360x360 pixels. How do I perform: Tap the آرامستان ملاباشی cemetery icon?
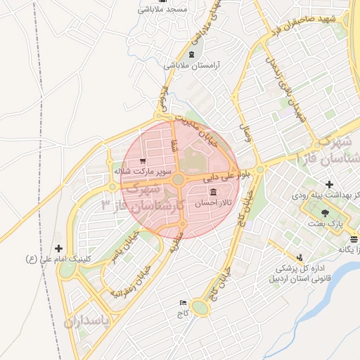(x=192, y=54)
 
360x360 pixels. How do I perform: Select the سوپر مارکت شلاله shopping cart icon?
(x=143, y=160)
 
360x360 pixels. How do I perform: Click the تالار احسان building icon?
(x=213, y=193)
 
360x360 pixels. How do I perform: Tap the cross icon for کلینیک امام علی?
(x=58, y=248)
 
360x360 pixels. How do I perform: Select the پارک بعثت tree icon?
(x=324, y=212)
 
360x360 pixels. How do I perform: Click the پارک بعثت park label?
(x=324, y=222)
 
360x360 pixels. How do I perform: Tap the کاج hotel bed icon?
(x=184, y=302)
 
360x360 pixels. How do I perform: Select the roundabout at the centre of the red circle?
(x=179, y=181)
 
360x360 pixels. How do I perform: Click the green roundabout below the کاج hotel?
(x=200, y=307)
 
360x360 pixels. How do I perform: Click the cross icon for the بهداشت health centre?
(x=329, y=184)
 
